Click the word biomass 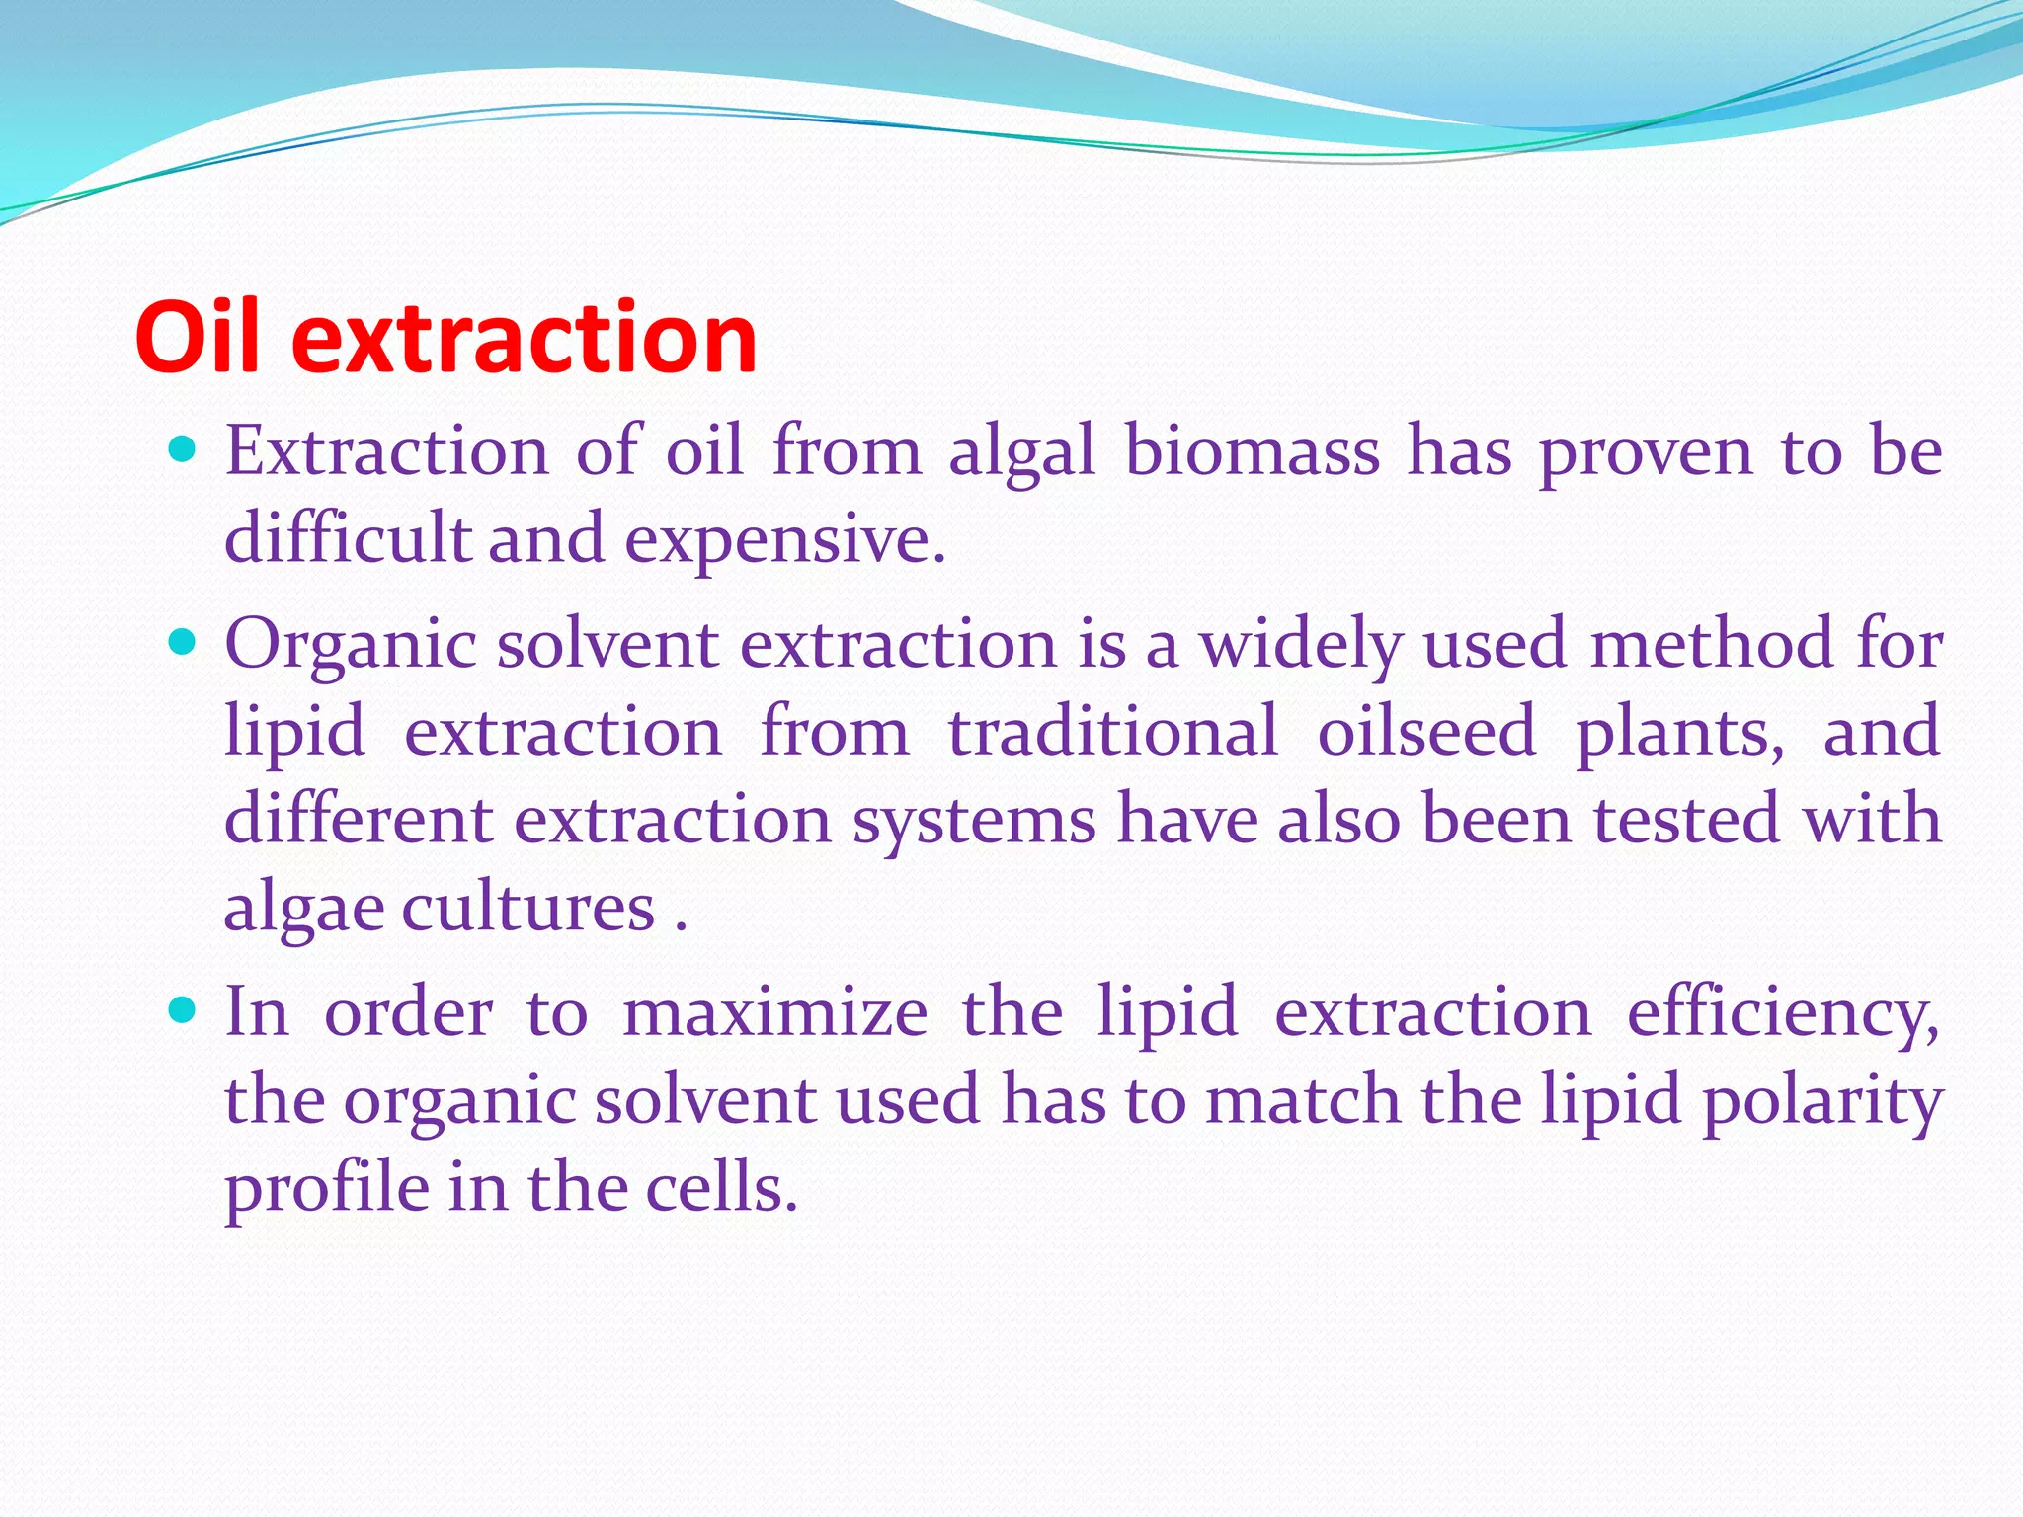coord(1252,451)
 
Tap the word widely coord(1301,645)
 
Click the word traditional coord(1113,732)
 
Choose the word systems coord(974,820)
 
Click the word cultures coord(528,908)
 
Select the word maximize coord(775,1012)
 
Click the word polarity coord(1822,1101)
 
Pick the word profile coord(327,1188)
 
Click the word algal coord(1022,453)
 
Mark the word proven coord(1646,453)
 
